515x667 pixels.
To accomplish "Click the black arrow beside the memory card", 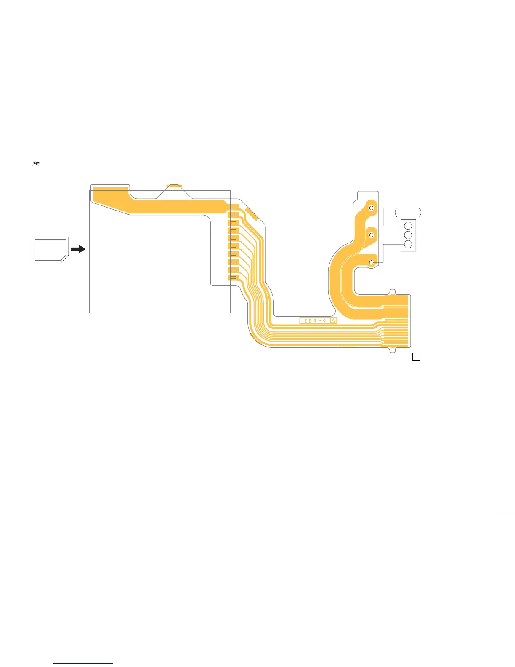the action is [78, 249].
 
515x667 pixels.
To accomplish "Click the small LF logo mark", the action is [36, 163].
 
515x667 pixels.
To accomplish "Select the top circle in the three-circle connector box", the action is [408, 226].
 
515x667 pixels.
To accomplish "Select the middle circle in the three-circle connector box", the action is [408, 235].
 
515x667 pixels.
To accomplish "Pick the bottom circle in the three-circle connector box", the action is [408, 245].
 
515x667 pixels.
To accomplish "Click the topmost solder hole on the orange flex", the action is [371, 208].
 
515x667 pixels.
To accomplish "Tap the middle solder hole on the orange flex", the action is [371, 235].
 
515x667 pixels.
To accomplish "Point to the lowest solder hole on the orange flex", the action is [371, 263].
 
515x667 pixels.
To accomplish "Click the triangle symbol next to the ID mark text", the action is [333, 321].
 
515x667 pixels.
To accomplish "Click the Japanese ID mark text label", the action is [315, 321].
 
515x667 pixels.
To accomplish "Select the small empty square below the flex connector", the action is [416, 357].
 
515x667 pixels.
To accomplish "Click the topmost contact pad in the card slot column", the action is [234, 207].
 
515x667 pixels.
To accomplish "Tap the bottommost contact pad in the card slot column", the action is [234, 277].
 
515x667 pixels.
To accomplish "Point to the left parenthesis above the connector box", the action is [396, 212].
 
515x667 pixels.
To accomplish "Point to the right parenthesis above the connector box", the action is [420, 212].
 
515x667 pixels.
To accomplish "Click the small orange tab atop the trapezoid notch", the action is [174, 186].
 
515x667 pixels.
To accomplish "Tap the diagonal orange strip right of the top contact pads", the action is [252, 214].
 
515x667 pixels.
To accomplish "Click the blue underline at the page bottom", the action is [83, 663].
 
